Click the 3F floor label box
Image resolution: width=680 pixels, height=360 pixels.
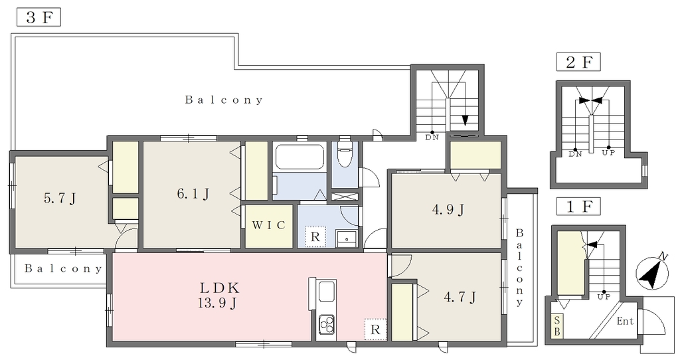tap(39, 18)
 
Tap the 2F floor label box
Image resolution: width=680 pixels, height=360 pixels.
tap(578, 62)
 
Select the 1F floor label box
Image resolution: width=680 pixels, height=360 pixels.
tap(578, 207)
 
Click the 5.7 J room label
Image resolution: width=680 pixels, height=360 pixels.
tap(60, 199)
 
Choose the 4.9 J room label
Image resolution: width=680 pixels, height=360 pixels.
tap(448, 210)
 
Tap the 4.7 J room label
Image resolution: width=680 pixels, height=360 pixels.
tap(460, 298)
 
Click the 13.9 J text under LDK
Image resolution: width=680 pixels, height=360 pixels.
tap(217, 303)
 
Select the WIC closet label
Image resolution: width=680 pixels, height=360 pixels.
tap(269, 225)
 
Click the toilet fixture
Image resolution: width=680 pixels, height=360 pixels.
tap(345, 153)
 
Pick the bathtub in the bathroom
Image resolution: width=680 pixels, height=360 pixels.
tap(299, 157)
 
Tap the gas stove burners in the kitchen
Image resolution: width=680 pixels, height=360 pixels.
tap(327, 323)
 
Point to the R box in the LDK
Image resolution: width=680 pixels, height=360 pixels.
tap(375, 329)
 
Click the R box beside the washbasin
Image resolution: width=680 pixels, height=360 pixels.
tap(315, 237)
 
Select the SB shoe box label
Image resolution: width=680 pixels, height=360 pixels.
tap(557, 326)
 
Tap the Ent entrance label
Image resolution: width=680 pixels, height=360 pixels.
tap(625, 321)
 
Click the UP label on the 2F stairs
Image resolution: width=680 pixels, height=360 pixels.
tap(608, 153)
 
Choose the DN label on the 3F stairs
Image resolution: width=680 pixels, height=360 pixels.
tap(432, 137)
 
